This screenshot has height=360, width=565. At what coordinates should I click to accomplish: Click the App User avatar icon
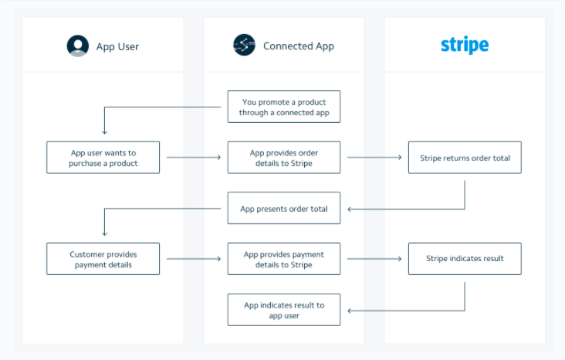click(78, 46)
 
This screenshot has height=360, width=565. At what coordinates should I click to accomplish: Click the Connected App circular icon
click(244, 46)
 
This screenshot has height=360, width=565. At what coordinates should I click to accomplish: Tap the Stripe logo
click(465, 45)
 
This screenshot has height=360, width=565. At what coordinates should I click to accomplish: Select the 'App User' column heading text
click(117, 46)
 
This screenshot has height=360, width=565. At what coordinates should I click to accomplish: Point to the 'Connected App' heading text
click(298, 46)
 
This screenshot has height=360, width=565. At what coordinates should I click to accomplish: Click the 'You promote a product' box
click(283, 107)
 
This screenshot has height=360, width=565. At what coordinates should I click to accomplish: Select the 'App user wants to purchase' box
click(103, 158)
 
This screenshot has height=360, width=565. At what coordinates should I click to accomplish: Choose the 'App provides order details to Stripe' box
click(283, 158)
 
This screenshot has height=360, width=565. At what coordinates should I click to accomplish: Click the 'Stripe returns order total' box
click(465, 158)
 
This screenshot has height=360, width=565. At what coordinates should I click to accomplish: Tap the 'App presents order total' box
click(283, 209)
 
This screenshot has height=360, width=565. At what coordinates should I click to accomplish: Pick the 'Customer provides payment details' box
click(103, 259)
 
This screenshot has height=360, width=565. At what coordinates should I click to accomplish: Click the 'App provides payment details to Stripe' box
click(283, 259)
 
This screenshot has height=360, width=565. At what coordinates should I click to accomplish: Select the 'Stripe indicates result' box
click(465, 259)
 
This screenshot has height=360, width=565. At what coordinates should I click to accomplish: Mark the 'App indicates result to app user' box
click(283, 310)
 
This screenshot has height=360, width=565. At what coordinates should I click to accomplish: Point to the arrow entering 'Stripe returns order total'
click(374, 158)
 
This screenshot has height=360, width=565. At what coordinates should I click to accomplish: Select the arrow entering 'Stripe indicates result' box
click(374, 260)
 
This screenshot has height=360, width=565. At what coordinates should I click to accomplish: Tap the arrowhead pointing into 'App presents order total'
click(350, 209)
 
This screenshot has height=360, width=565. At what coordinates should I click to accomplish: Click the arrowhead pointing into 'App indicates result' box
click(350, 310)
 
